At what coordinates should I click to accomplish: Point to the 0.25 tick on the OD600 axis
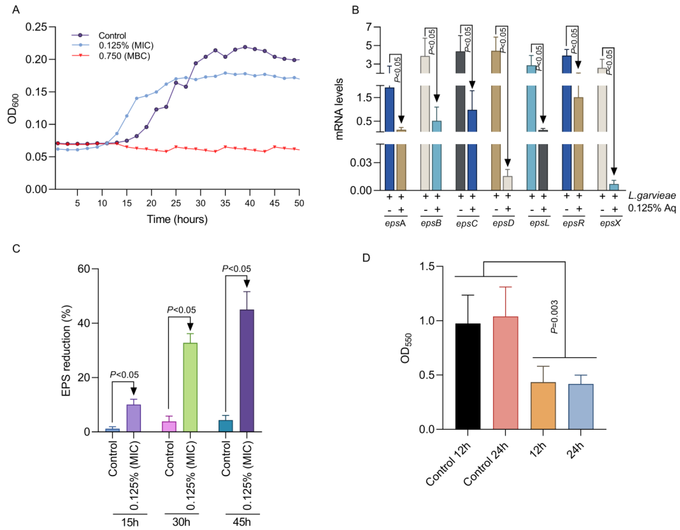pos(36,27)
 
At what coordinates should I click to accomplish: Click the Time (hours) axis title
pos(177,219)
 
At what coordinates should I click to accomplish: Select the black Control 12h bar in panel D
pos(468,376)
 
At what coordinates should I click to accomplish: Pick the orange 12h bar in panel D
pos(543,406)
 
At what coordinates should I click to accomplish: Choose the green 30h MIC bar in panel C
pos(190,387)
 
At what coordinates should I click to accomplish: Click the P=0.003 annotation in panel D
pos(554,317)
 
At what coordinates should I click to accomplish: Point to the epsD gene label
pos(503,223)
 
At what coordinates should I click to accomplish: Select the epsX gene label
pos(610,223)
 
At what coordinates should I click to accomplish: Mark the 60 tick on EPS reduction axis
pos(83,269)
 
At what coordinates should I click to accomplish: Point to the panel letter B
pos(355,10)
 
